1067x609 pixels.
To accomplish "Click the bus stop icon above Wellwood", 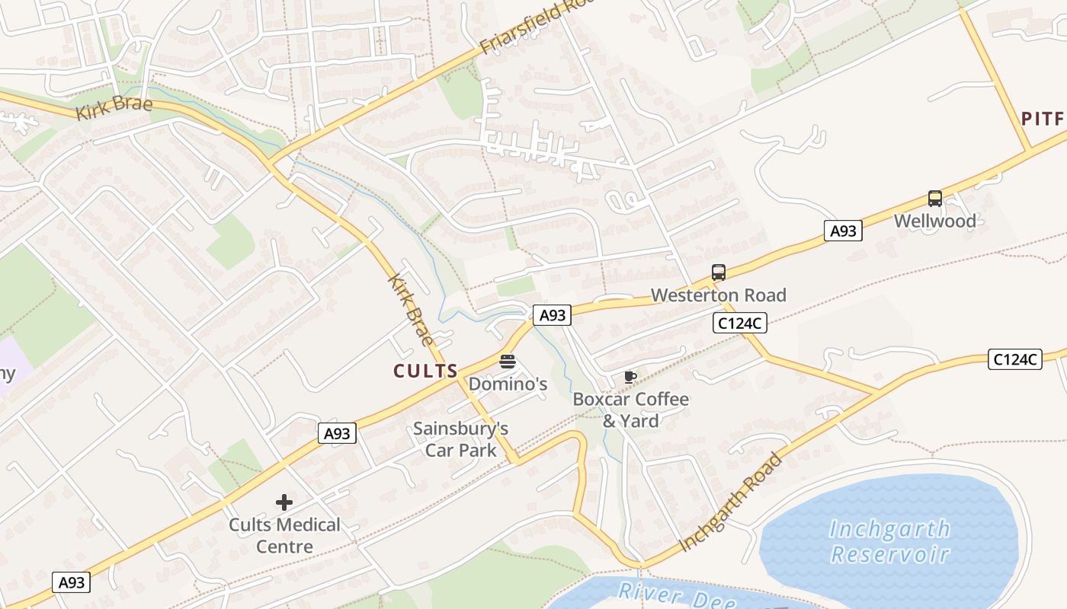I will pos(935,199).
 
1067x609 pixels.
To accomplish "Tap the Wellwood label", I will pos(935,222).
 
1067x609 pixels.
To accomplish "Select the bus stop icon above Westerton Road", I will pos(719,273).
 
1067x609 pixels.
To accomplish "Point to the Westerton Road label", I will pos(718,295).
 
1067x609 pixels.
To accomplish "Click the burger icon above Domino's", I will pos(508,361).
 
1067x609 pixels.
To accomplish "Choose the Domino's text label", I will pos(508,384).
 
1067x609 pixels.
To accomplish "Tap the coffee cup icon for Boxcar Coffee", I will pos(630,377).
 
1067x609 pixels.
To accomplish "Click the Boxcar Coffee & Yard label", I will pos(630,410).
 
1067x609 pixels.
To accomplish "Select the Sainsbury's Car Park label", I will pos(460,439).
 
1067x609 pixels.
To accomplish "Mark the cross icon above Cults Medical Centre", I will pos(284,502).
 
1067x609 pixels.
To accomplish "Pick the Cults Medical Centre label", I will pos(284,535).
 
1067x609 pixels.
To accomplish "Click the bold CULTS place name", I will pos(425,371).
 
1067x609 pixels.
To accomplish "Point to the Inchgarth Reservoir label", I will pos(889,540).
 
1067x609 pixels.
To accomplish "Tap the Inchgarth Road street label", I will pos(730,502).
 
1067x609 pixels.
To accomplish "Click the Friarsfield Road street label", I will pos(537,27).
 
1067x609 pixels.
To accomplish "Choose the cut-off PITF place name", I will pos(1043,119).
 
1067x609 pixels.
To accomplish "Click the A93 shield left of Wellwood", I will pos(843,231).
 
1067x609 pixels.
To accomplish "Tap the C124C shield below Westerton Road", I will pos(740,323).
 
